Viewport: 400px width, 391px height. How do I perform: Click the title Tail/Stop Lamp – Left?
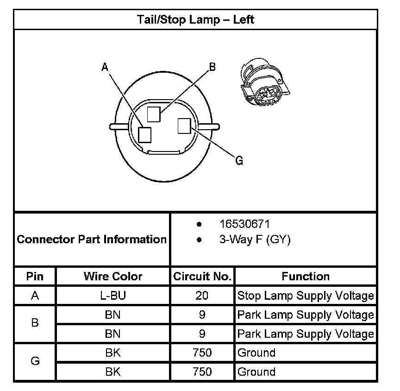pos(195,20)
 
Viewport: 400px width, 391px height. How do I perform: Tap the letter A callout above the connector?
pos(105,68)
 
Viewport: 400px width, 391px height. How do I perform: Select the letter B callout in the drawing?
pos(212,67)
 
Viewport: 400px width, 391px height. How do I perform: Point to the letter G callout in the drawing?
pos(239,161)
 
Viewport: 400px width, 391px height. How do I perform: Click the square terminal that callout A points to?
pos(145,134)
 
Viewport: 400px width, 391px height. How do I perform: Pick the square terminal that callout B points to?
pos(154,114)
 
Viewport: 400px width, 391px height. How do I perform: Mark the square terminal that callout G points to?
pos(184,126)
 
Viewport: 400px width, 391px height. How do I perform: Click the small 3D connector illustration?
pos(262,84)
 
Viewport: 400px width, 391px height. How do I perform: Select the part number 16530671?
pos(244,224)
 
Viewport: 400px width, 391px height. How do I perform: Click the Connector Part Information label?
pos(92,240)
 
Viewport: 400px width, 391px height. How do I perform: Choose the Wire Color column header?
pos(113,277)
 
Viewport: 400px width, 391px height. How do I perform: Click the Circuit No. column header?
pos(202,277)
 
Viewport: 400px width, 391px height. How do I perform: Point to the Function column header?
pos(306,277)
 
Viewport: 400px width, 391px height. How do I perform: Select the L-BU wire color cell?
pos(113,296)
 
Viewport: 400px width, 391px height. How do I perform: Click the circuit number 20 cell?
pos(202,296)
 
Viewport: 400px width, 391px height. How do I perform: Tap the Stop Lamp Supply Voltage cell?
pos(306,296)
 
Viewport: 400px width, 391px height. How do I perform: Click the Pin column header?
pos(35,277)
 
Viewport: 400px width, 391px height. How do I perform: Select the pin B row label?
pos(35,324)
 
